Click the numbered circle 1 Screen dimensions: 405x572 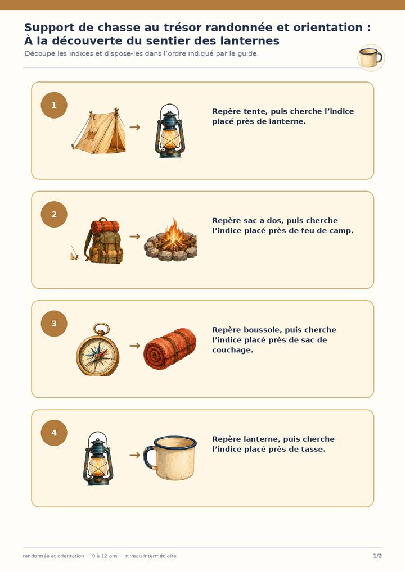pyautogui.click(x=54, y=105)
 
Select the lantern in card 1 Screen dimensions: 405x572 pyautogui.click(x=170, y=131)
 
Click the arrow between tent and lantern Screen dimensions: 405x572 pyautogui.click(x=135, y=127)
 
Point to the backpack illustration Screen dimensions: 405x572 pyautogui.click(x=103, y=240)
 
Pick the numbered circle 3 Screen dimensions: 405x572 pyautogui.click(x=54, y=324)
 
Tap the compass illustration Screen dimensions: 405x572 pyautogui.click(x=98, y=349)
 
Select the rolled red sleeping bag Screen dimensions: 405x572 pyautogui.click(x=170, y=349)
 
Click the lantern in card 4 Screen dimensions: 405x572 pyautogui.click(x=98, y=458)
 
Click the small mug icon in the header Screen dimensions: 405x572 pyautogui.click(x=371, y=58)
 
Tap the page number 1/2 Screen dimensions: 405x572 pyautogui.click(x=377, y=556)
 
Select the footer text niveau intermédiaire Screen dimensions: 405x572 pyautogui.click(x=151, y=556)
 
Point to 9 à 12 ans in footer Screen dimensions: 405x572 pyautogui.click(x=105, y=556)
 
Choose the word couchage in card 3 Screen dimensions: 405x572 pyautogui.click(x=233, y=350)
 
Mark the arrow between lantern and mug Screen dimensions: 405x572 pyautogui.click(x=135, y=455)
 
